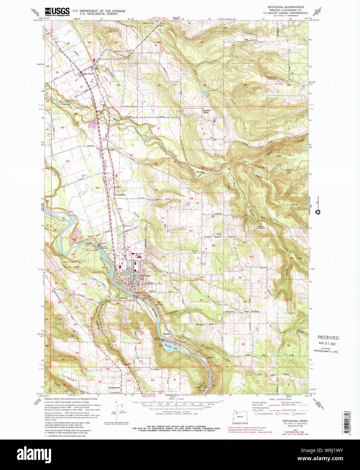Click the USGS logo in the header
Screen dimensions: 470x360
tap(57, 11)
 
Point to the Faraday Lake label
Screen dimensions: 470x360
tap(168, 347)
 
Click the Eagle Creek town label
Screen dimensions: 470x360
tap(87, 74)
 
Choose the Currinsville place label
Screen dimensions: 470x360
tap(119, 195)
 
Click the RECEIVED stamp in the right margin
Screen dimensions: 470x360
tap(328, 337)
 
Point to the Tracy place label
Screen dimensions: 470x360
tap(219, 234)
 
